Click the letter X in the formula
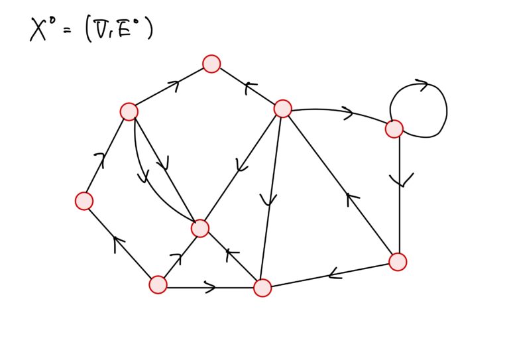(x=38, y=30)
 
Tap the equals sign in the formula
(x=67, y=31)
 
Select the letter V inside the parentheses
(x=98, y=30)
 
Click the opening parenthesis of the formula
(x=87, y=30)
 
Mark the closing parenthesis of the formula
(x=149, y=30)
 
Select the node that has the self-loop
(x=394, y=129)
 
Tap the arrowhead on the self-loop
(x=422, y=85)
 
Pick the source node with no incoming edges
(x=158, y=284)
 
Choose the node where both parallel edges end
(x=200, y=228)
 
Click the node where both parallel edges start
(x=129, y=111)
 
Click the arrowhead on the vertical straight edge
(x=401, y=180)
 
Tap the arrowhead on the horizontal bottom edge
(x=210, y=287)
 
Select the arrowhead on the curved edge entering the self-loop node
(x=349, y=113)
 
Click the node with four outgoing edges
(x=283, y=109)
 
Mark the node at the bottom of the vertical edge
(x=398, y=262)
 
